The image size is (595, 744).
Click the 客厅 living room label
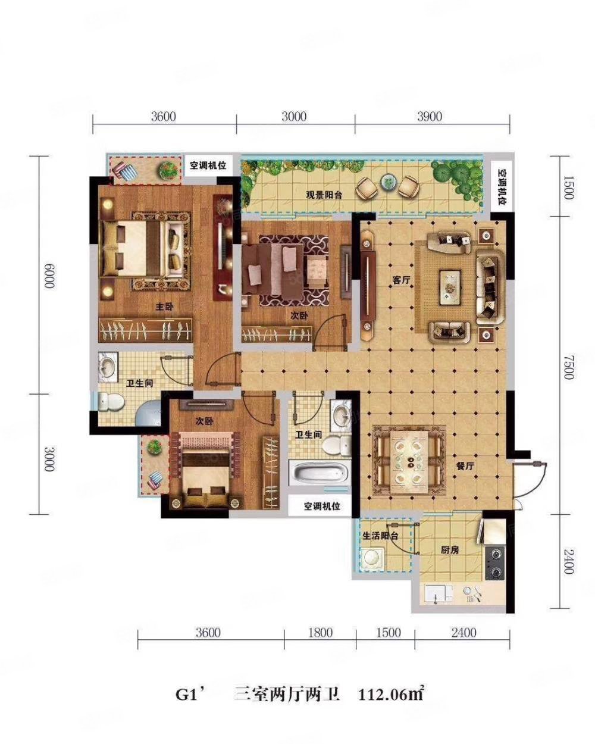point(401,280)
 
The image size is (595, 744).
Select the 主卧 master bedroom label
point(165,307)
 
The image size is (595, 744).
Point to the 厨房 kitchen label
point(450,549)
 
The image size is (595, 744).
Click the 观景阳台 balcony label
point(324,195)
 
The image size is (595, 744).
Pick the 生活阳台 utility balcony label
point(380,536)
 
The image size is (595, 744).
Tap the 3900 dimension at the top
point(430,117)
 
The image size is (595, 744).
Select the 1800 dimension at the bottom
point(320,632)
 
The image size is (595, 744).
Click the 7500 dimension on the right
point(568,367)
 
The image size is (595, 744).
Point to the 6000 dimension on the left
point(49,277)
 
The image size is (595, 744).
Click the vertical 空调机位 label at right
point(502,187)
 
